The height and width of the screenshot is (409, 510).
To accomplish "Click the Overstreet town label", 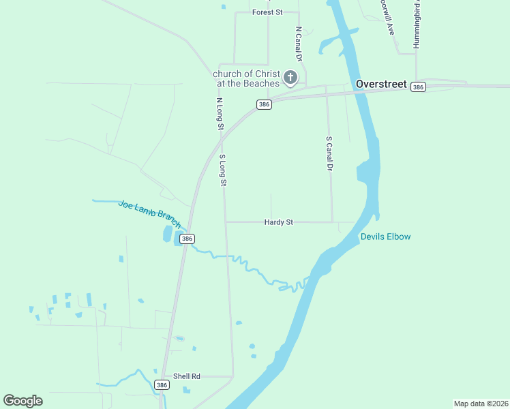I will (x=381, y=85).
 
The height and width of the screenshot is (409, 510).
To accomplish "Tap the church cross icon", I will (x=290, y=78).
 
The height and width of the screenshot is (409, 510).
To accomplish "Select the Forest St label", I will (x=267, y=12).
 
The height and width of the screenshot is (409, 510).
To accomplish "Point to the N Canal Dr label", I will (x=298, y=43).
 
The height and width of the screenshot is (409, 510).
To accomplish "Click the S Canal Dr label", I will (x=329, y=153).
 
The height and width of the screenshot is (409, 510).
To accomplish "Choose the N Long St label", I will (x=220, y=114).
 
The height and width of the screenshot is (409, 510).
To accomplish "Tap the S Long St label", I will (x=222, y=170).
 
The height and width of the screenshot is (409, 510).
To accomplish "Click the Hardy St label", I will (x=278, y=222).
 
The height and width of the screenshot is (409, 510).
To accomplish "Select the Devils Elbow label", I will (x=385, y=237).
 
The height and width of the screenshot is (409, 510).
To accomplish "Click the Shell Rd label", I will (x=186, y=376).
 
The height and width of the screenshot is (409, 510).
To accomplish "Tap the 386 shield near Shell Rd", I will (x=162, y=385).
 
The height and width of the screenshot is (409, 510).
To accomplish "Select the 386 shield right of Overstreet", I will (x=419, y=87).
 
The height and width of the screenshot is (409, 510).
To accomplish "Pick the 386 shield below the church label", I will (x=265, y=104).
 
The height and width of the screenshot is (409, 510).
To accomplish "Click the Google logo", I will (x=22, y=401).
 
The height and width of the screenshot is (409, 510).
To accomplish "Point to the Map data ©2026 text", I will (x=481, y=403).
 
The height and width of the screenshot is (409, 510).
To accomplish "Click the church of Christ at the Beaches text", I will (x=247, y=78).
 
